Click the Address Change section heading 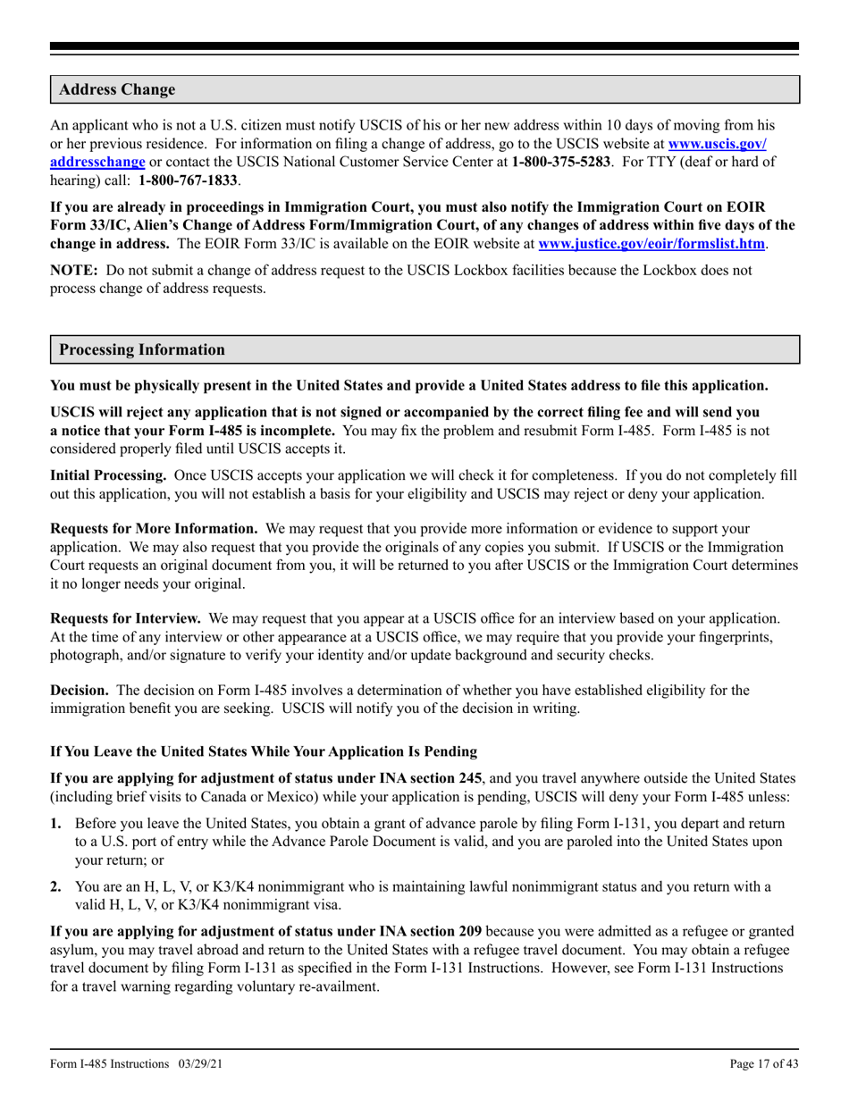(x=117, y=90)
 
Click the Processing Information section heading (x=142, y=349)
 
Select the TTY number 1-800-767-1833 (x=188, y=180)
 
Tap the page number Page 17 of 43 (x=764, y=1064)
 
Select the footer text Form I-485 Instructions (x=110, y=1064)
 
